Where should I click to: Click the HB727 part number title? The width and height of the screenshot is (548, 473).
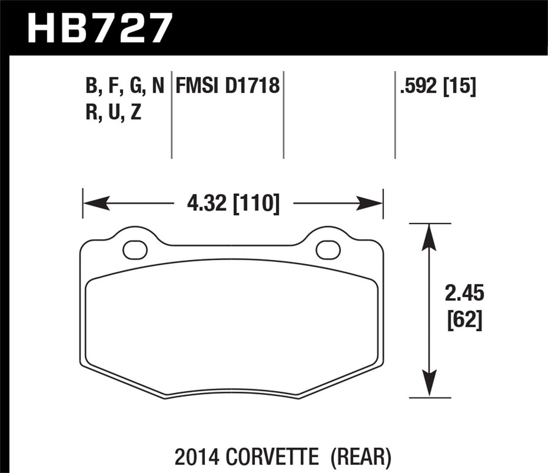pyautogui.click(x=100, y=28)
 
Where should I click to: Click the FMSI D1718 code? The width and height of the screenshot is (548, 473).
pyautogui.click(x=228, y=86)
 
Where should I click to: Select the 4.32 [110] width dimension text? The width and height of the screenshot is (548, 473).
pyautogui.click(x=233, y=204)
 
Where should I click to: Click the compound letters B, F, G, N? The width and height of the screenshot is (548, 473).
pyautogui.click(x=125, y=86)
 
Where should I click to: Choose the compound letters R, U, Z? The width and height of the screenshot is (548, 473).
pyautogui.click(x=113, y=112)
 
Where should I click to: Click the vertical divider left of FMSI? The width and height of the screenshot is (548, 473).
pyautogui.click(x=172, y=115)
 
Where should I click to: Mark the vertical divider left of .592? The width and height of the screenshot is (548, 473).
pyautogui.click(x=395, y=115)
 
